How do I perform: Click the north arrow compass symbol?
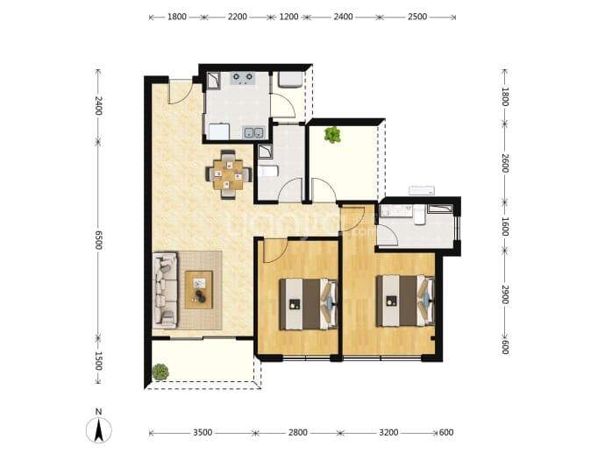(x=99, y=429)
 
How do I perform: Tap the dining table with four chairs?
(x=229, y=174)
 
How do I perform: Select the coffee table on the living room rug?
(x=199, y=289)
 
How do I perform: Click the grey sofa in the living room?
(x=165, y=290)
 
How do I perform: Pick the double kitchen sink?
(x=254, y=132)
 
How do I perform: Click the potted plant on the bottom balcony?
(x=160, y=372)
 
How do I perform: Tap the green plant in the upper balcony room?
(x=332, y=135)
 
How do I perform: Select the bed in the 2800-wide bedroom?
(x=309, y=304)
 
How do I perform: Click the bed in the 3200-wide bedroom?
(x=405, y=301)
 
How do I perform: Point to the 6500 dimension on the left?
(x=98, y=240)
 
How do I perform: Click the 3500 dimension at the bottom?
(x=203, y=433)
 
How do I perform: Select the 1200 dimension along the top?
(x=288, y=17)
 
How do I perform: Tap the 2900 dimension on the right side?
(x=505, y=294)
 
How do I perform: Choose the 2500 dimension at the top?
(x=417, y=17)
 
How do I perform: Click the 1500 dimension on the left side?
(x=98, y=361)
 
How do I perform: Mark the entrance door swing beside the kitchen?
(x=181, y=92)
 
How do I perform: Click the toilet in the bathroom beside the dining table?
(x=267, y=171)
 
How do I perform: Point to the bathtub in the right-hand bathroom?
(x=441, y=209)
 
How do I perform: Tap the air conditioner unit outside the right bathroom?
(x=422, y=190)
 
